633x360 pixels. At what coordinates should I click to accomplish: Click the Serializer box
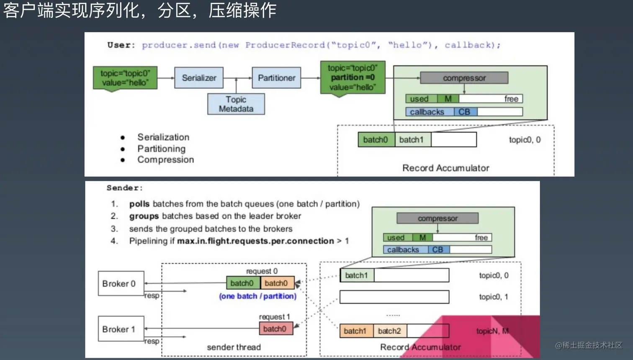point(199,78)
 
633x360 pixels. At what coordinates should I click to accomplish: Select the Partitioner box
point(276,78)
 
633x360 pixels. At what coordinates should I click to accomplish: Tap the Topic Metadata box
point(236,104)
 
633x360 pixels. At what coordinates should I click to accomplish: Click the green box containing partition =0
point(353,78)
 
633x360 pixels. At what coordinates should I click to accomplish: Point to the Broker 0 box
point(121,283)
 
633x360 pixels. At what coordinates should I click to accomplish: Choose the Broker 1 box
point(121,329)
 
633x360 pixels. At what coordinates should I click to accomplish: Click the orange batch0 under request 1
point(275,329)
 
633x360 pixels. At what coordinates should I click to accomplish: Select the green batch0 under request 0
point(242,283)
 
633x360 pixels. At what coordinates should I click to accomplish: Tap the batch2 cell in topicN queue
point(389,331)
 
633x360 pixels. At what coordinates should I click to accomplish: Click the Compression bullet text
point(165,159)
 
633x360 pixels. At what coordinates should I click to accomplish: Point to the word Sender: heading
point(125,188)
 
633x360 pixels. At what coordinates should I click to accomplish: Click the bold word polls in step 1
point(139,204)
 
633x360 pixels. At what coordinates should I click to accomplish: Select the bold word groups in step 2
point(144,216)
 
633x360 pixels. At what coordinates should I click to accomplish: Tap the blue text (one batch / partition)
point(257,296)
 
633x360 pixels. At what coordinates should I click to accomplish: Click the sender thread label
point(234,347)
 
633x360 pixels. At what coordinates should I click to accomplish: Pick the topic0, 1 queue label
point(494,297)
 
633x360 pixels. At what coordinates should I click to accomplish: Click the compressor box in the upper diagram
point(464,78)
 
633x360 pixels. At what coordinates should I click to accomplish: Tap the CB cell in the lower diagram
point(438,249)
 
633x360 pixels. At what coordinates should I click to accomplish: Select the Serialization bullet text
point(163,137)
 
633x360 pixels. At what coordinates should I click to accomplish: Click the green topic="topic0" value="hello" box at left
point(125,78)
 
